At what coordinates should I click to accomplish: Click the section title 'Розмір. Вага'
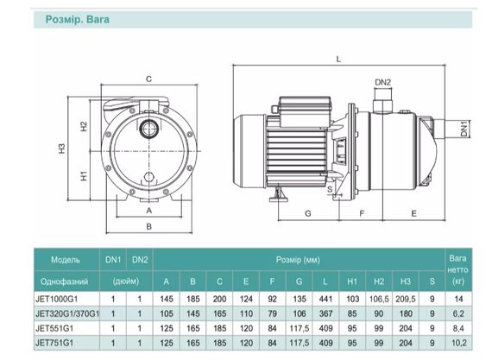coord(78,20)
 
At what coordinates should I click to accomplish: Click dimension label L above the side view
coord(338,59)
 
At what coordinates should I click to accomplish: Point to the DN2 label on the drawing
coord(382,82)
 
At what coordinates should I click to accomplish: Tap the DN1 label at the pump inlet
coord(464,129)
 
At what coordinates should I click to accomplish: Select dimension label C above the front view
coord(148,79)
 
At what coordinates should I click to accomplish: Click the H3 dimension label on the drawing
coord(62,148)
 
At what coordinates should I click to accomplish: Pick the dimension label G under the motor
coord(308,213)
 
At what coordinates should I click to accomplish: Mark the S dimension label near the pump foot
coord(330,189)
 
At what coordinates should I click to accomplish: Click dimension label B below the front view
coord(149,226)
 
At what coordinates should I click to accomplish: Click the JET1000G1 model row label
coord(56,299)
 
